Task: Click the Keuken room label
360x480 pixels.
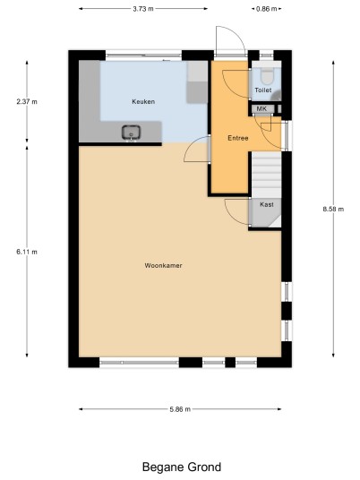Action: coord(143,101)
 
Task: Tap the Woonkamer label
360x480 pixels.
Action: coord(163,265)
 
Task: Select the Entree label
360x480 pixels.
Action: coord(238,138)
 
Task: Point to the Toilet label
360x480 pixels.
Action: coord(263,90)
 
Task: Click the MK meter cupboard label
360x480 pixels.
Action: coord(261,108)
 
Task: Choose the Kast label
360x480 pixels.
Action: coord(267,204)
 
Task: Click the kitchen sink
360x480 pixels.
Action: coord(132,133)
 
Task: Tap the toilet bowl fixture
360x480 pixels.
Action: coord(267,76)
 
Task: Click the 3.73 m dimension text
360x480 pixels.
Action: coord(143,9)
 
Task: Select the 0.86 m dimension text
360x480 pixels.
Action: coord(266,9)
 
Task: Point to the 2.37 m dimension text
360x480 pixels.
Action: coord(27,101)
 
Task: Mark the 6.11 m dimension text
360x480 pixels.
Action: coord(27,252)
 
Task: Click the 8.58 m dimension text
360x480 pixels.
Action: coord(333,209)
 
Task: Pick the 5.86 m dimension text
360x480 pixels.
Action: coord(180,409)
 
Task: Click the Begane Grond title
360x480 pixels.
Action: coord(182,467)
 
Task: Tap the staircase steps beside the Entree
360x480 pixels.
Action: coord(266,175)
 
